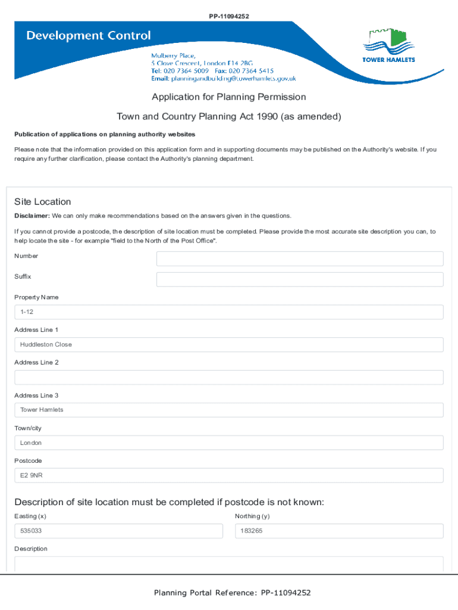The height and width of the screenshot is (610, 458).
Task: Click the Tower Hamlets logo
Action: point(388,45)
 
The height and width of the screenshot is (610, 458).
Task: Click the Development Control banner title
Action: point(88,36)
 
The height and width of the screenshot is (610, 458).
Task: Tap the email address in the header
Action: point(233,79)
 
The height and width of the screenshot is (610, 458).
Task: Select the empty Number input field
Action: point(299,259)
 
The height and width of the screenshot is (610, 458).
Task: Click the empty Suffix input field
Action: point(299,279)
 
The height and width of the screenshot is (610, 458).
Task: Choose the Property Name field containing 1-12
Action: point(228,312)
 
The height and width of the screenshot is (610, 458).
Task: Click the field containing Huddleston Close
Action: point(228,345)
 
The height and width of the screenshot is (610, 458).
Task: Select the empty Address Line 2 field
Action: point(228,378)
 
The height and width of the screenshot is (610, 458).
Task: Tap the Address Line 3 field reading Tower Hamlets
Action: point(228,410)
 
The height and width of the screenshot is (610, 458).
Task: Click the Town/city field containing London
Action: point(228,443)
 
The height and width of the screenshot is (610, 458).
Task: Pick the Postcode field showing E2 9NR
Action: point(228,475)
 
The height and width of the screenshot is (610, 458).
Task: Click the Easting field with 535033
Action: point(118,531)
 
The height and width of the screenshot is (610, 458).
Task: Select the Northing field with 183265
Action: point(339,531)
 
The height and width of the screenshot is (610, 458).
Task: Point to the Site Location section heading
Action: point(43,202)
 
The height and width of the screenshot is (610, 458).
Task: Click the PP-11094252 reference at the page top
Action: point(229,16)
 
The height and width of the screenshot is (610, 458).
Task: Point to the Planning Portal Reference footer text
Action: point(232,593)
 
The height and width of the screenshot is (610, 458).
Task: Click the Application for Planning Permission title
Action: point(228,97)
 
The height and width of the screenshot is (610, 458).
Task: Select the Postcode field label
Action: point(28,461)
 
